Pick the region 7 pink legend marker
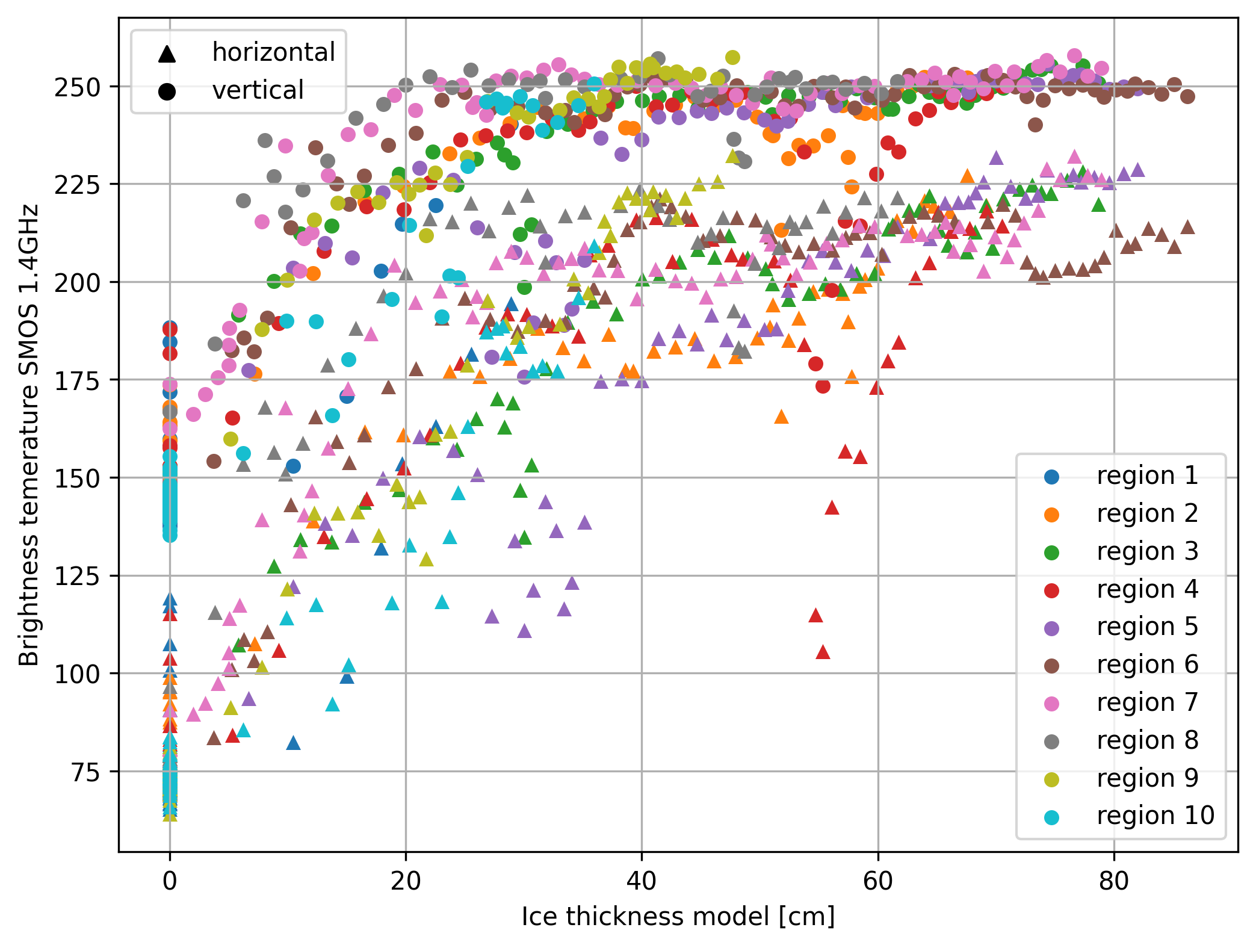pos(1051,703)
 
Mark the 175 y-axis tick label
pos(77,380)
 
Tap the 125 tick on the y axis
pos(77,576)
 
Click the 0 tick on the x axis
pos(170,881)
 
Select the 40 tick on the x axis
pos(642,881)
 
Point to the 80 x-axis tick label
pos(1113,881)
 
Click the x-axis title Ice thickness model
pos(678,917)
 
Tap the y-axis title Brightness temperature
pos(29,435)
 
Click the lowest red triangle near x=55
pos(823,651)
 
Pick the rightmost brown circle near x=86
pos(1187,96)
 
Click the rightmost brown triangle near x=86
pos(1187,227)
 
